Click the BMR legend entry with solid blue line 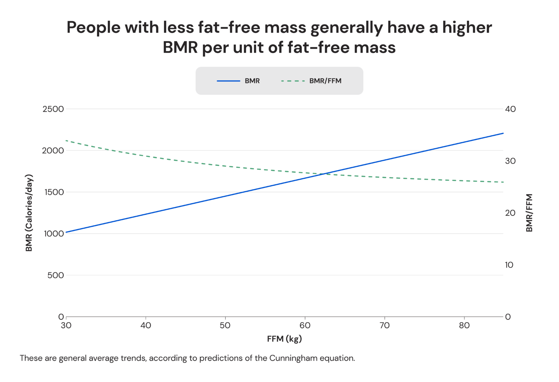[x=238, y=81]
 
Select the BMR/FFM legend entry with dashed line [x=312, y=81]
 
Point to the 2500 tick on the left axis [x=53, y=109]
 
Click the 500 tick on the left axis [x=55, y=276]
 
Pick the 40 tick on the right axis [x=510, y=109]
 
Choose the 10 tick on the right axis [x=509, y=265]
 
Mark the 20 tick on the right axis [x=510, y=213]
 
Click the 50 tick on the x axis [x=225, y=326]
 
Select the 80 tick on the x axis [x=464, y=326]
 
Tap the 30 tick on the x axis [x=66, y=326]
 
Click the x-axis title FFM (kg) [x=284, y=339]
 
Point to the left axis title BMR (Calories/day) [x=29, y=213]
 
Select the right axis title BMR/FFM [x=529, y=213]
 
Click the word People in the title [x=93, y=28]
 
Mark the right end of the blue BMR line [x=503, y=133]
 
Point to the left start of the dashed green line [x=66, y=140]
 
